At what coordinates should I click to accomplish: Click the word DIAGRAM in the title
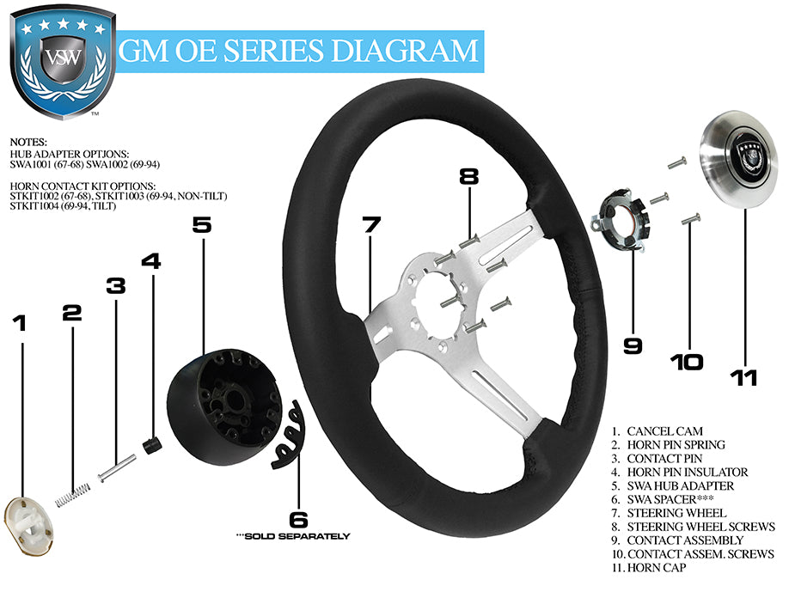pyautogui.click(x=405, y=51)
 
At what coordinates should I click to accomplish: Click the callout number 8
pyautogui.click(x=468, y=178)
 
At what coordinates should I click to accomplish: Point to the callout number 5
pyautogui.click(x=201, y=225)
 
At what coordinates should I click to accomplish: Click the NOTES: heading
pyautogui.click(x=30, y=141)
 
